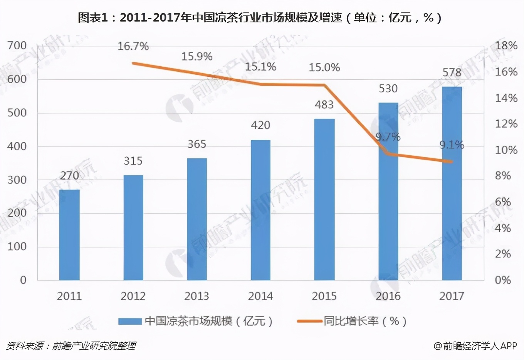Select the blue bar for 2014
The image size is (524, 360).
click(260, 210)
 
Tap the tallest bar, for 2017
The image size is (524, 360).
click(452, 183)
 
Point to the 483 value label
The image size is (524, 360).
click(324, 105)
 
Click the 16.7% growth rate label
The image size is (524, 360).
click(133, 47)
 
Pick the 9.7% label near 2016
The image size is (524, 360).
click(388, 137)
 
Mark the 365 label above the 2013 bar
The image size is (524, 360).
click(197, 144)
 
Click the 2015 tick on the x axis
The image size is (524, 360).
click(324, 296)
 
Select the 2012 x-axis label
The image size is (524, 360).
click(133, 296)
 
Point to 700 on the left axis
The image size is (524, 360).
click(17, 46)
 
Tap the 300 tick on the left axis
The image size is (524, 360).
click(17, 180)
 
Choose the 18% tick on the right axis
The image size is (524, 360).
click(506, 46)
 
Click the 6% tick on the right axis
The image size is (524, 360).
click(503, 202)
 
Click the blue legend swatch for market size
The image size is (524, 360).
click(130, 321)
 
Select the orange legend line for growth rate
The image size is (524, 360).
click(309, 321)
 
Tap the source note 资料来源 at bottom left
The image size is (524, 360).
click(71, 346)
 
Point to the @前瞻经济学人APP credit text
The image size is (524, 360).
click(475, 346)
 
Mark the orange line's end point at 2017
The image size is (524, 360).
click(451, 162)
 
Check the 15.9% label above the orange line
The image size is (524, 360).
click(197, 57)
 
